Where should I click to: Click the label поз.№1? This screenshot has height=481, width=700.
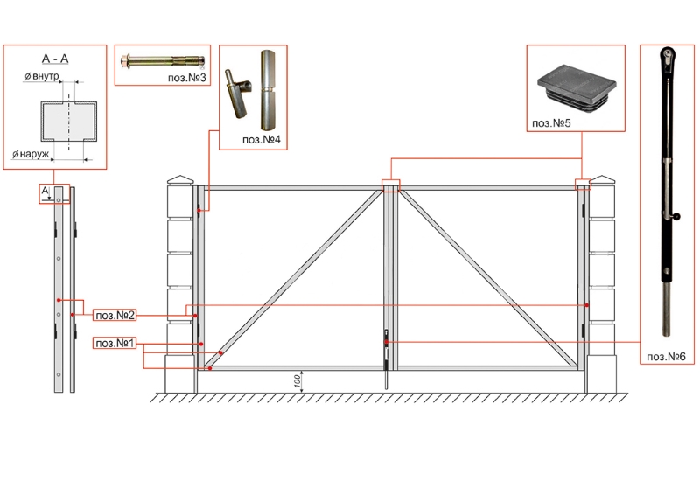(115, 343)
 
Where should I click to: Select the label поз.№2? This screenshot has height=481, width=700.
(115, 316)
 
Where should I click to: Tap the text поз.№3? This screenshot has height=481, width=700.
(187, 78)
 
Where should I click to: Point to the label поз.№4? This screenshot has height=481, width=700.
(261, 140)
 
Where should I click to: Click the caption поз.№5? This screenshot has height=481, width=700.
(551, 123)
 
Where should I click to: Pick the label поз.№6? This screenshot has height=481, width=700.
(666, 357)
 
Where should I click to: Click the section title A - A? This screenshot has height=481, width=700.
(55, 59)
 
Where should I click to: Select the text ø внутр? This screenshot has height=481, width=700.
(41, 77)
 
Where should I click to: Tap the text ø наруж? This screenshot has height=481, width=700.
(31, 155)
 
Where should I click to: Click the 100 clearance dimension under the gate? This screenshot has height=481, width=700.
(297, 381)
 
